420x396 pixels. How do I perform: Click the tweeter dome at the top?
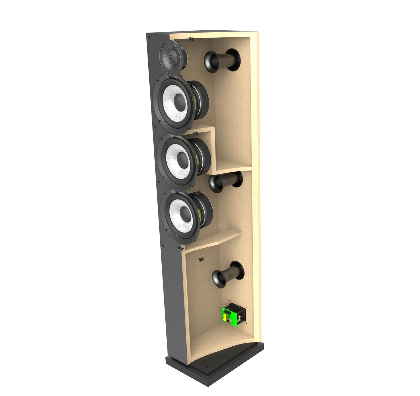tap(172, 56)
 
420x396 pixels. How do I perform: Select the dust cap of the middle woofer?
tap(182, 158)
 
